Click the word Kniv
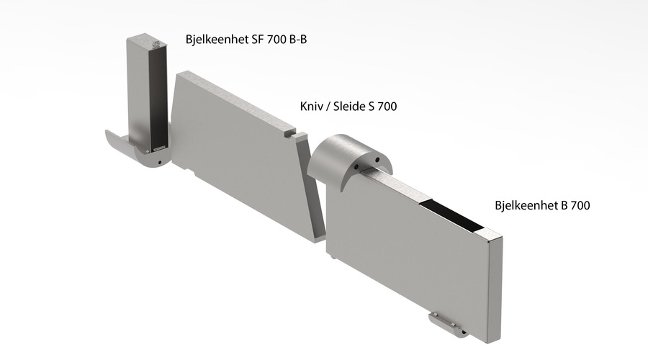click(x=312, y=107)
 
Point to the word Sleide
click(x=353, y=107)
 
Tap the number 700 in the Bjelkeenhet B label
click(x=579, y=205)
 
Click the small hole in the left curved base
click(x=158, y=163)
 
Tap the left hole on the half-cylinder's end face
click(x=359, y=168)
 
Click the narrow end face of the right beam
click(x=495, y=288)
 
